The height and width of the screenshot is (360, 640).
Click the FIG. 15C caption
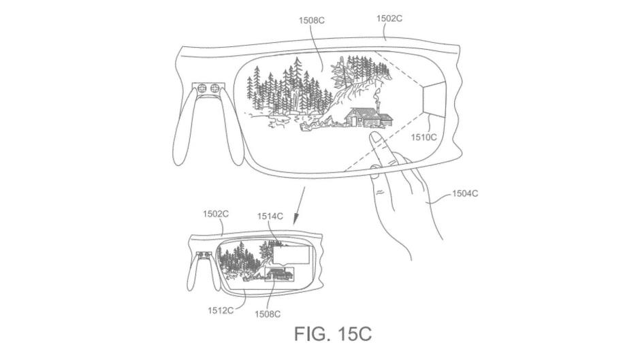[333, 333]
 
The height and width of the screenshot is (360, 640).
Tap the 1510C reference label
[423, 137]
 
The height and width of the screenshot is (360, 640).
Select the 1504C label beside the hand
[465, 193]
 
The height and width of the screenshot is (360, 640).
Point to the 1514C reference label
[270, 216]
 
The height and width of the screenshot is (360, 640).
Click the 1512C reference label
[221, 310]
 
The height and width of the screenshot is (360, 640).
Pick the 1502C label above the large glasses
[389, 18]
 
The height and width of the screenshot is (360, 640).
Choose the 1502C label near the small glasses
[216, 214]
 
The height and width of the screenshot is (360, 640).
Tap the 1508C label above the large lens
[312, 20]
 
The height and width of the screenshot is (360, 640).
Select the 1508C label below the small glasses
[268, 314]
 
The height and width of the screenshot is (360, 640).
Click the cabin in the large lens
[368, 117]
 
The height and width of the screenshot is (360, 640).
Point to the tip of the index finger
[374, 134]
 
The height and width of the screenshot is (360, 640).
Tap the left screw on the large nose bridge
[202, 88]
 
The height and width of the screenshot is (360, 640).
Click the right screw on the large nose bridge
[214, 88]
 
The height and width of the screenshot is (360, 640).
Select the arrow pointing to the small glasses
[300, 206]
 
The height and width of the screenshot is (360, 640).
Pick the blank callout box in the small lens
[291, 257]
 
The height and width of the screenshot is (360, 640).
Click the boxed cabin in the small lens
[280, 274]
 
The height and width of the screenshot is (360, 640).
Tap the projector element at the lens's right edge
[434, 99]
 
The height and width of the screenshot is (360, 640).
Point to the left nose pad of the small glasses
[193, 275]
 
